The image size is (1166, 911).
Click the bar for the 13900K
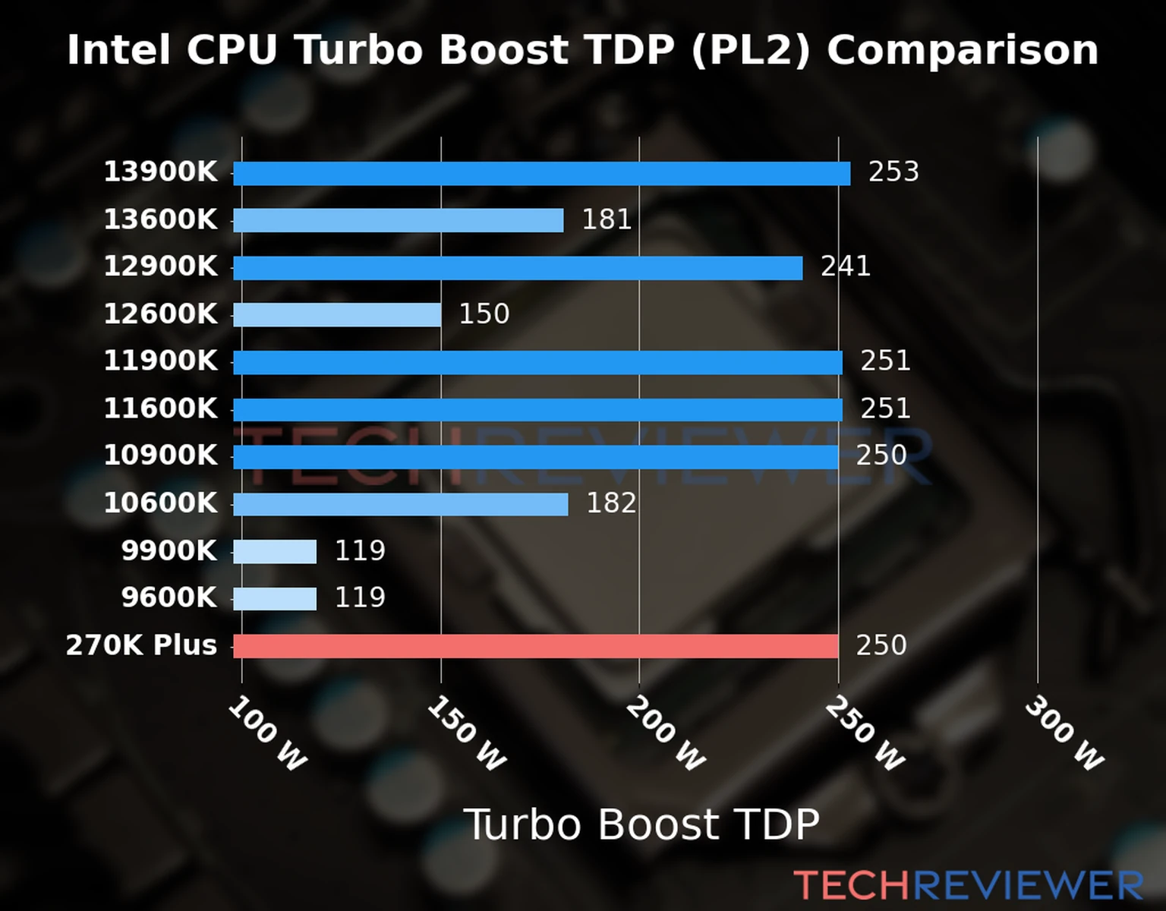(x=541, y=173)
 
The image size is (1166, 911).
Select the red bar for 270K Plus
(x=535, y=646)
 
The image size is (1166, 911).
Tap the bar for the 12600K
(x=337, y=314)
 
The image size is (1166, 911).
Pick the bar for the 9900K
(x=275, y=551)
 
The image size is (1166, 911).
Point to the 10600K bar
(x=400, y=504)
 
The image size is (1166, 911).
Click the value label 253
(x=893, y=172)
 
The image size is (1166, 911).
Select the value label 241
(x=845, y=266)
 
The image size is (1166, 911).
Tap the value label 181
(x=607, y=219)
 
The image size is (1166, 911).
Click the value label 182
(x=611, y=503)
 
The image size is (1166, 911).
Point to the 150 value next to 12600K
(x=484, y=314)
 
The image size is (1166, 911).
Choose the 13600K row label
(x=160, y=219)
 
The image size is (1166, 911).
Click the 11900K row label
(x=160, y=361)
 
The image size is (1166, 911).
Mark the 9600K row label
(x=169, y=597)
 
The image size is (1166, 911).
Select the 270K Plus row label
(x=141, y=645)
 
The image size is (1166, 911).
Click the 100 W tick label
(x=267, y=733)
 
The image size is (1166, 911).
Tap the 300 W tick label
(x=1064, y=733)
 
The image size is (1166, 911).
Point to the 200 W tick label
(x=665, y=733)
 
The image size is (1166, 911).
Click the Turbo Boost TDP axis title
(x=641, y=824)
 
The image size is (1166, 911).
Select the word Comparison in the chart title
(x=962, y=50)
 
